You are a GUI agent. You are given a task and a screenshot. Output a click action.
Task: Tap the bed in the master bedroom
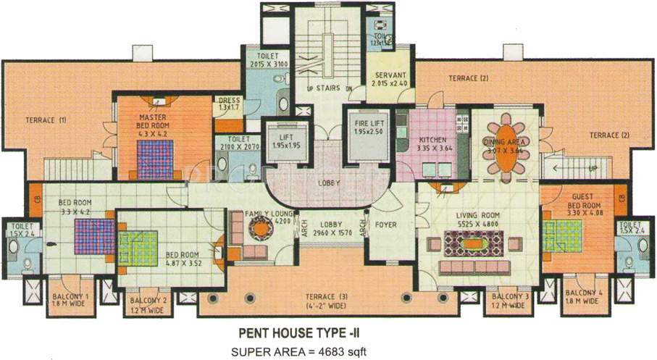click(x=156, y=158)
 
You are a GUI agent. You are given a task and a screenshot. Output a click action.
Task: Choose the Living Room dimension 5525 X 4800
click(x=477, y=225)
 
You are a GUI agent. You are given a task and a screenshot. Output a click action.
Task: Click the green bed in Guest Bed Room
click(x=560, y=234)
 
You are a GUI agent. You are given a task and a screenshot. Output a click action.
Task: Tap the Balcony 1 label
click(x=70, y=297)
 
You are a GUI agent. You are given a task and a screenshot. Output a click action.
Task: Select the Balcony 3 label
click(x=507, y=297)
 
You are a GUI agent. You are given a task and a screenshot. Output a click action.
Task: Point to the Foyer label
click(x=385, y=225)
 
